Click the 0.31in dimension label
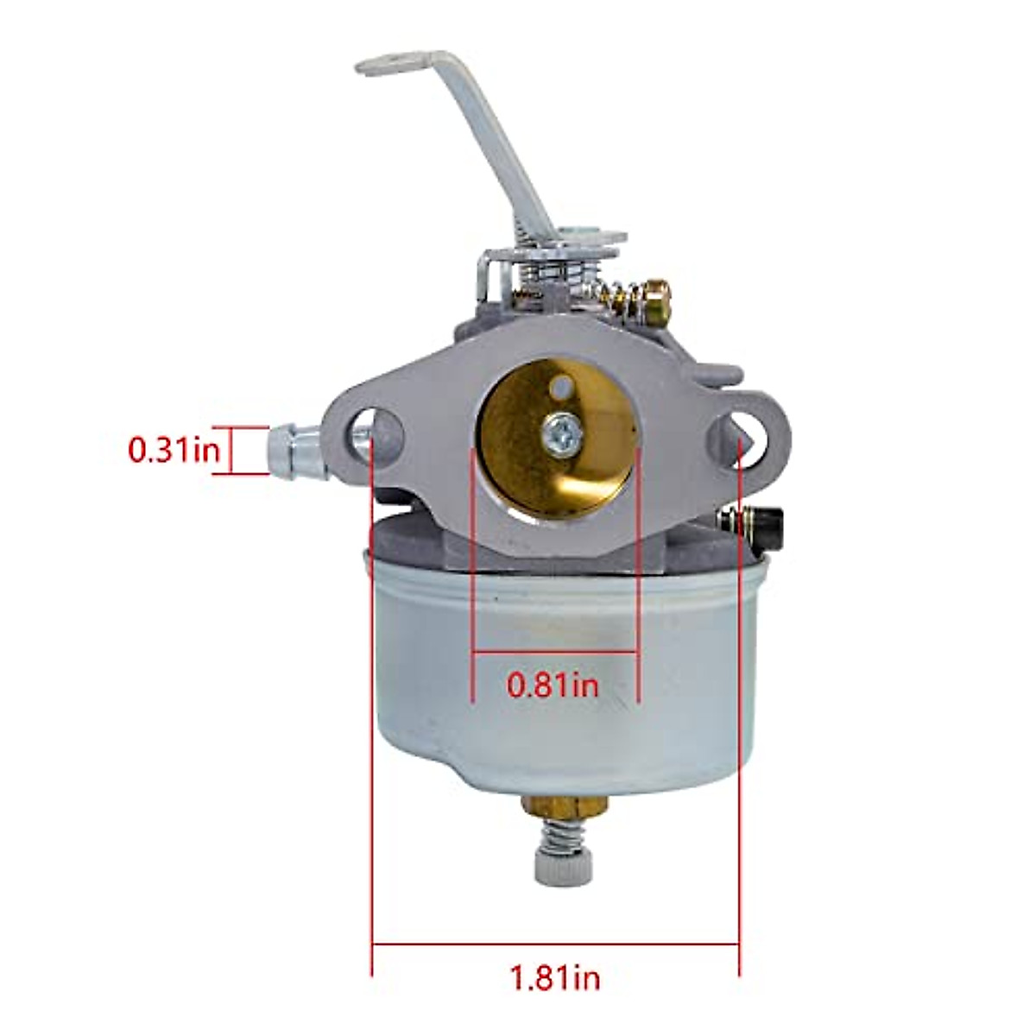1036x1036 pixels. click(174, 450)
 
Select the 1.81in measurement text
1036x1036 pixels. click(555, 978)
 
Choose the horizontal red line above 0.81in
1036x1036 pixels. click(555, 650)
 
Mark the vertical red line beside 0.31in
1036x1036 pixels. click(232, 450)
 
